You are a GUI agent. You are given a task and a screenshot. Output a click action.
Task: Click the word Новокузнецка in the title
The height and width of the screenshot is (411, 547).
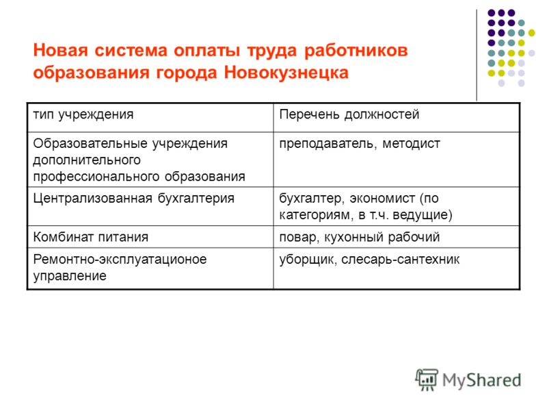tap(286, 73)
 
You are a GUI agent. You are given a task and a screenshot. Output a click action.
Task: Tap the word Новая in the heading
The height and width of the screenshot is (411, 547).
tap(61, 50)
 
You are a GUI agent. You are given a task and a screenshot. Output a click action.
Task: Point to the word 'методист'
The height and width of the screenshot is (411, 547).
tap(411, 144)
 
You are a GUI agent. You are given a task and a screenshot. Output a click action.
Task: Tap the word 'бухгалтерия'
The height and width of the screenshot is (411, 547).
tap(196, 199)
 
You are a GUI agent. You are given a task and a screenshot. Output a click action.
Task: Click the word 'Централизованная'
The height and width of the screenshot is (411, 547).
tap(92, 199)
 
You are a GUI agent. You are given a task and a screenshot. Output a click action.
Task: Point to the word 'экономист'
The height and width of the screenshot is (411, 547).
tap(382, 199)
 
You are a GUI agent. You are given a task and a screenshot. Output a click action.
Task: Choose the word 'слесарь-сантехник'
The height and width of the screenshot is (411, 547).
tap(400, 260)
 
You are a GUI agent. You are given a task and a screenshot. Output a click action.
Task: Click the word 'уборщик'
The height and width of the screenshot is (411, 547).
tap(308, 260)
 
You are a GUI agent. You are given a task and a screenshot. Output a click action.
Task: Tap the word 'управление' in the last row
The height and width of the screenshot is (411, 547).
tap(70, 277)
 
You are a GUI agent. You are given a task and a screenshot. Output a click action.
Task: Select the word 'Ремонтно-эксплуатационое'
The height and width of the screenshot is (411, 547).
tap(120, 260)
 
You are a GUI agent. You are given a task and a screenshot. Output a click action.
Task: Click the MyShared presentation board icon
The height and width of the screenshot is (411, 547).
tap(427, 380)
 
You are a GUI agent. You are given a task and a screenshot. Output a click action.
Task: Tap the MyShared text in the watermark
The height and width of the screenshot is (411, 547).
tap(481, 380)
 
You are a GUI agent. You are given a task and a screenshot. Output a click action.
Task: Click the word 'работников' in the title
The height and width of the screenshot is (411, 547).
tap(356, 50)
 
